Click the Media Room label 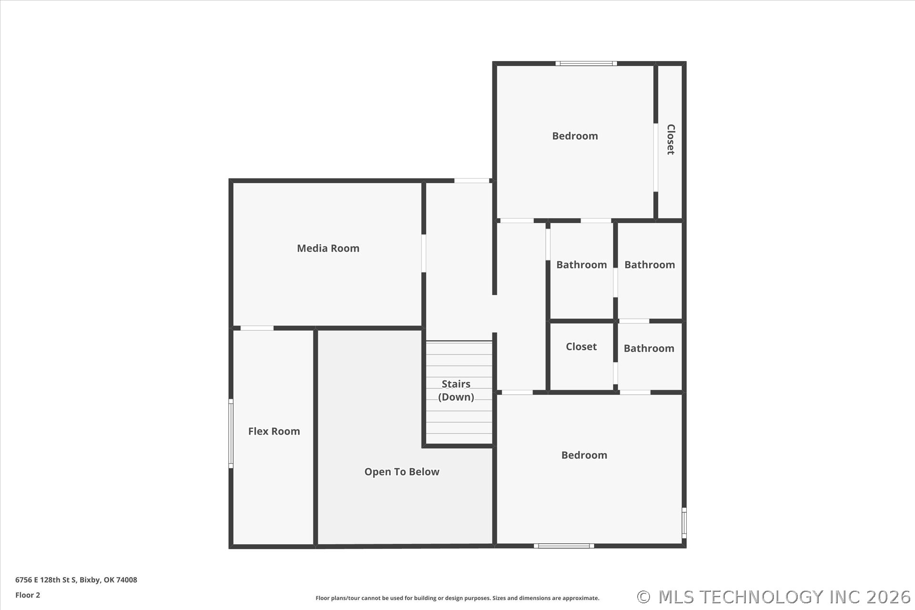pos(328,248)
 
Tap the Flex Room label pos(274,431)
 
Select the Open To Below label pos(402,472)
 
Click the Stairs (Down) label pos(456,390)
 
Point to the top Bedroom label pos(575,136)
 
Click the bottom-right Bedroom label pos(584,455)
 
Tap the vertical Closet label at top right pos(671,139)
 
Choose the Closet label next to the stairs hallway pos(581,346)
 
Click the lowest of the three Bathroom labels pos(649,348)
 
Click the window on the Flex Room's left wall pos(231,434)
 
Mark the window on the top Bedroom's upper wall pos(586,63)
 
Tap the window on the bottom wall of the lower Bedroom pos(564,546)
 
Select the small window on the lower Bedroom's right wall pos(684,523)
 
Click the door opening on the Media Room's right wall pos(424,253)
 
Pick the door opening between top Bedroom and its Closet pos(656,158)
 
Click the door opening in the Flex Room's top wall pos(257,328)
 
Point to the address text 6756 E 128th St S pos(46,580)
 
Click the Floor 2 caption pos(28,595)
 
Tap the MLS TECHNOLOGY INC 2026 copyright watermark pos(774,597)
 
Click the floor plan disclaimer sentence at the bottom pos(457,598)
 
